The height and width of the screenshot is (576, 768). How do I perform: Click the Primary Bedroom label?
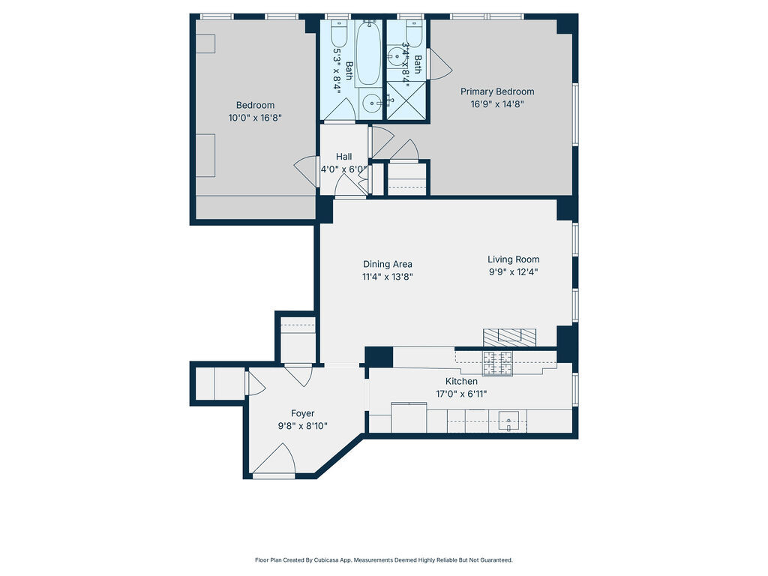496,91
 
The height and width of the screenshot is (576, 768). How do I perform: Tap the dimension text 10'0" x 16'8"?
255,118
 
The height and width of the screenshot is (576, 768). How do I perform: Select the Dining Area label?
387,264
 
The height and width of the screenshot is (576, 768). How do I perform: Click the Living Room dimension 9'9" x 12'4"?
513,272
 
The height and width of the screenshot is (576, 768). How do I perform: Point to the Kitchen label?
461,382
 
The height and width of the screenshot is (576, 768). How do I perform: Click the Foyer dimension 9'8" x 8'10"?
302,426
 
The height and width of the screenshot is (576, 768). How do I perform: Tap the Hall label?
343,157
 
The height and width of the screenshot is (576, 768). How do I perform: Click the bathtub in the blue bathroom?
367,54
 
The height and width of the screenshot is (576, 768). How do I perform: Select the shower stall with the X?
406,100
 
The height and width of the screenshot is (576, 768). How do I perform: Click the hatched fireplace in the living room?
510,336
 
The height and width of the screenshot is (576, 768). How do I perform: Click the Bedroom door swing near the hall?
306,172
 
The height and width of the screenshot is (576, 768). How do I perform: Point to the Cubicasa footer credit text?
383,559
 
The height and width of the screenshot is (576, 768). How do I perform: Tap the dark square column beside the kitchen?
379,356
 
